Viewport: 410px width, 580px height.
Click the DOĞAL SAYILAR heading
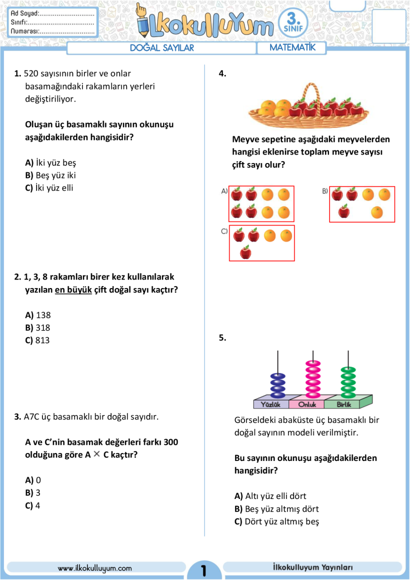pyautogui.click(x=161, y=47)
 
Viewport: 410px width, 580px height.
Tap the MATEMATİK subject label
pyautogui.click(x=292, y=47)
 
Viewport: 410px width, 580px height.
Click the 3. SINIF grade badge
pyautogui.click(x=293, y=23)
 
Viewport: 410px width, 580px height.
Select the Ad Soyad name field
pyautogui.click(x=52, y=13)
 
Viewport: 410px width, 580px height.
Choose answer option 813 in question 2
pyautogui.click(x=37, y=340)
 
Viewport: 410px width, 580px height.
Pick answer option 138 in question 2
pyautogui.click(x=37, y=315)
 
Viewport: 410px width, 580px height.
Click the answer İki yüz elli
pyautogui.click(x=49, y=188)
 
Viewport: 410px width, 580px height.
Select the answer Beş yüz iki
pyautogui.click(x=50, y=175)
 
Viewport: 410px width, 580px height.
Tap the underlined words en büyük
pyautogui.click(x=73, y=289)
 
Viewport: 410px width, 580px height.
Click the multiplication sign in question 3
pyautogui.click(x=97, y=454)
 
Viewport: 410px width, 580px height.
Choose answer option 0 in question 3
pyautogui.click(x=33, y=480)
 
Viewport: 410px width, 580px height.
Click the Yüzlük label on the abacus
pyautogui.click(x=270, y=404)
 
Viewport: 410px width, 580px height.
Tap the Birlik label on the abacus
pyautogui.click(x=344, y=404)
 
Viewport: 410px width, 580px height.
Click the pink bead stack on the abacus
pyautogui.click(x=313, y=379)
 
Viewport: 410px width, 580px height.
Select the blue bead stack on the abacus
pyautogui.click(x=278, y=385)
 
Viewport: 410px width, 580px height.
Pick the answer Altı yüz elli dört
pyautogui.click(x=270, y=496)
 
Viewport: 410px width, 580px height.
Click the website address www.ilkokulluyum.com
pyautogui.click(x=94, y=568)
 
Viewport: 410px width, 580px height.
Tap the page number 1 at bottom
pyautogui.click(x=204, y=570)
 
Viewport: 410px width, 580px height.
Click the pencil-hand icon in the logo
pyautogui.click(x=143, y=20)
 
